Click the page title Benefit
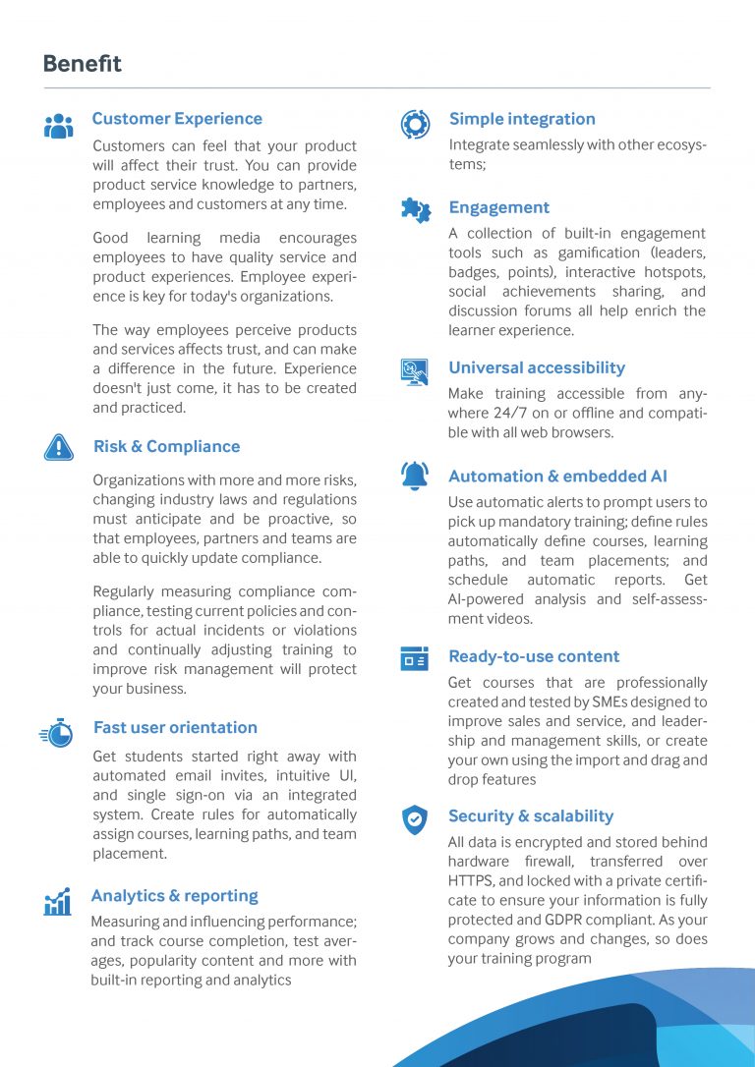pos(83,64)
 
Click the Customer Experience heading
pos(177,119)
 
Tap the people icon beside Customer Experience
pos(59,126)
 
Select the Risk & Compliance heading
pos(166,446)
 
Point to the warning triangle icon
pos(59,447)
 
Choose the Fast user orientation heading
pos(175,727)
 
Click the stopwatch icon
pos(57,733)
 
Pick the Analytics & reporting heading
pos(174,895)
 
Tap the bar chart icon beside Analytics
pos(58,902)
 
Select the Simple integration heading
pos(522,119)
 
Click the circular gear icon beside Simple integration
pos(415,124)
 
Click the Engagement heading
pos(498,207)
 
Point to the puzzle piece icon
pos(415,208)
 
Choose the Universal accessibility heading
pos(537,367)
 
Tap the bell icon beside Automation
pos(415,476)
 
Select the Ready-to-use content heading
pos(534,656)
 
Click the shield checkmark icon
pos(415,819)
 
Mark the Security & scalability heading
pos(531,815)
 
